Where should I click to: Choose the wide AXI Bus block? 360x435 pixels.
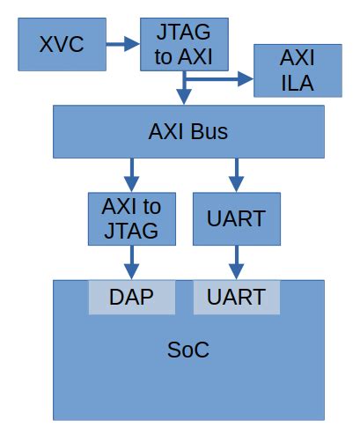pos(187,132)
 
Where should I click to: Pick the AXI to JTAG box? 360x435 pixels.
pos(131,218)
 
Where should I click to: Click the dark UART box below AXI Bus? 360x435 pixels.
pos(236,218)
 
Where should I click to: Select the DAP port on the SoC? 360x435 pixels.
pos(131,297)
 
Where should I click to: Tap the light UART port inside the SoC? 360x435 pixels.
pos(236,297)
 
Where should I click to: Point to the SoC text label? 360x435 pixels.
pos(187,350)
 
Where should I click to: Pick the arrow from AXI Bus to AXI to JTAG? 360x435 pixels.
pos(131,173)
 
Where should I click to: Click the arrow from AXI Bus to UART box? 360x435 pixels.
pos(236,173)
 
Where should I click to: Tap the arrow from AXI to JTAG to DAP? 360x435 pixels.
pos(131,262)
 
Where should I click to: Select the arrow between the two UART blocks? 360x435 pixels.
pos(236,262)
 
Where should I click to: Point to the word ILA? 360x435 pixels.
pos(297,85)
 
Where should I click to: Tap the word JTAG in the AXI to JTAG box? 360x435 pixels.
pos(131,231)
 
